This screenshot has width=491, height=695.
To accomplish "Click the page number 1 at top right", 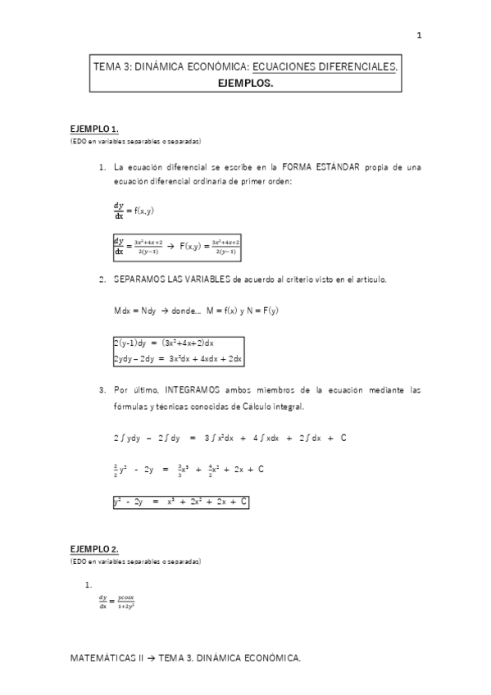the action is [x=420, y=35].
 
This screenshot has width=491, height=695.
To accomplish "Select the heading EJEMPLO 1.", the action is [x=94, y=129].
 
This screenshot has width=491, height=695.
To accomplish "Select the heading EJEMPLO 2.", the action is [x=94, y=548].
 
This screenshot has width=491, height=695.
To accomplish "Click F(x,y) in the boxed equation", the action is [x=193, y=245].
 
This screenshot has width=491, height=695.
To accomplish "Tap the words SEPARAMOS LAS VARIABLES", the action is [x=172, y=279].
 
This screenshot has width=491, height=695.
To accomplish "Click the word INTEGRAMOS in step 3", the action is [x=199, y=391].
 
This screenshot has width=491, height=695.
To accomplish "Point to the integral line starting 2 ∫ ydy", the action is [x=230, y=438].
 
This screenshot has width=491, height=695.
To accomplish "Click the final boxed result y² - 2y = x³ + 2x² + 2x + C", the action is [x=180, y=501].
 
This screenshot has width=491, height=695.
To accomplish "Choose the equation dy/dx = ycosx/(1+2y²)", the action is [x=116, y=602].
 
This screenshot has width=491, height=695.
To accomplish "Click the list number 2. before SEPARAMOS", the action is [x=102, y=279].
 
